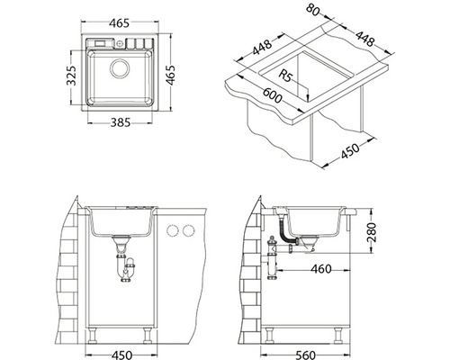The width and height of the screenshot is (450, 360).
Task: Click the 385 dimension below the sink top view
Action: click(x=121, y=122)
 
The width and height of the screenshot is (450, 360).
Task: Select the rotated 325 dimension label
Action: click(x=71, y=76)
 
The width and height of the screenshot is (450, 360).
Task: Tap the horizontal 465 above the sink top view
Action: click(x=119, y=23)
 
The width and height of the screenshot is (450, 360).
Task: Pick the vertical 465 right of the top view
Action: click(x=170, y=75)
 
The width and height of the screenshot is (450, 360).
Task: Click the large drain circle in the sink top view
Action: click(x=120, y=68)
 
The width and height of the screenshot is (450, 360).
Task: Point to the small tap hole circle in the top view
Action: click(x=120, y=43)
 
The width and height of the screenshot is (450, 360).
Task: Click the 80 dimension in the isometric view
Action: click(x=313, y=10)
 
